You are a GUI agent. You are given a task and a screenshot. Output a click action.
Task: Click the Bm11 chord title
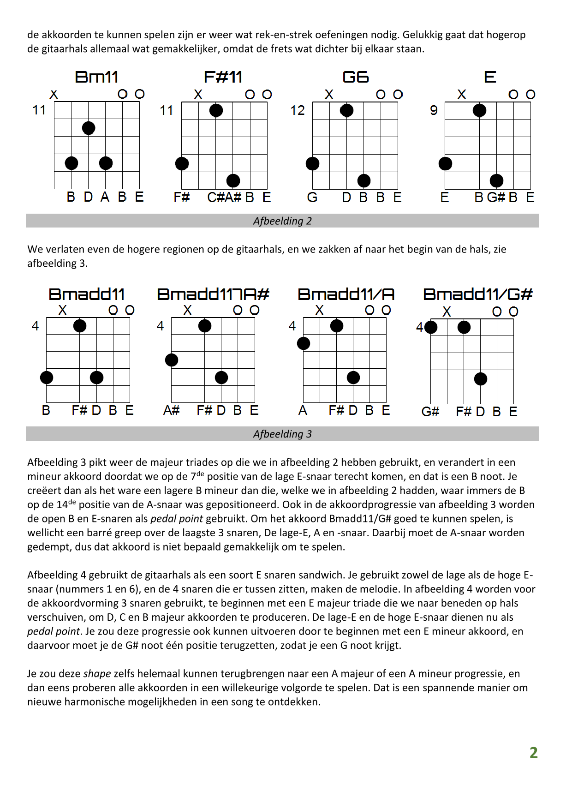pos(96,77)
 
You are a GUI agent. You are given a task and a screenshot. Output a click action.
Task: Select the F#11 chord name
pos(223,77)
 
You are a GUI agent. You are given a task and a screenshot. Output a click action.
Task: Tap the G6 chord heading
pos(356,77)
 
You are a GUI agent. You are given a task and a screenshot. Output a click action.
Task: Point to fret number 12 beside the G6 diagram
pos(298,111)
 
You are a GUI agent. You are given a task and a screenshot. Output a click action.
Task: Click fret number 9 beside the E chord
pos(434,111)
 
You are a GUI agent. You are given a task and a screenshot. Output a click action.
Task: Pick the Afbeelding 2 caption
pos(282,221)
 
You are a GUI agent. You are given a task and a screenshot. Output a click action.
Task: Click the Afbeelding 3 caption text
pos(282,434)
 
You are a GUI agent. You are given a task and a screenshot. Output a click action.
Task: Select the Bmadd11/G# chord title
pos(478,294)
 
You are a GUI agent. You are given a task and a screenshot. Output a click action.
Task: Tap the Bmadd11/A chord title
pos(346,294)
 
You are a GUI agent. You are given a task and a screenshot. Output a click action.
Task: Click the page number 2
pos(534,753)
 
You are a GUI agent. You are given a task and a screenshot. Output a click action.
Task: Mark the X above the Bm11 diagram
pos(54,95)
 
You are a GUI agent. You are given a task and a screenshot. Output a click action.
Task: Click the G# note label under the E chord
pos(496,198)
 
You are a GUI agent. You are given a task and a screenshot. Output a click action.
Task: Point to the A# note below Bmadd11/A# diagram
pos(171,411)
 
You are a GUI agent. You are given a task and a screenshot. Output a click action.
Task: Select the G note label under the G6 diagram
pos(312,198)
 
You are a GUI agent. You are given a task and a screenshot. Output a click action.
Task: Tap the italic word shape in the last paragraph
pos(97,674)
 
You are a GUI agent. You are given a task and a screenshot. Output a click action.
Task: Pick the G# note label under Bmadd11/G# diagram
pos(430,412)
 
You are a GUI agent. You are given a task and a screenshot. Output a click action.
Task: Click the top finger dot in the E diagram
pos(479,111)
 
